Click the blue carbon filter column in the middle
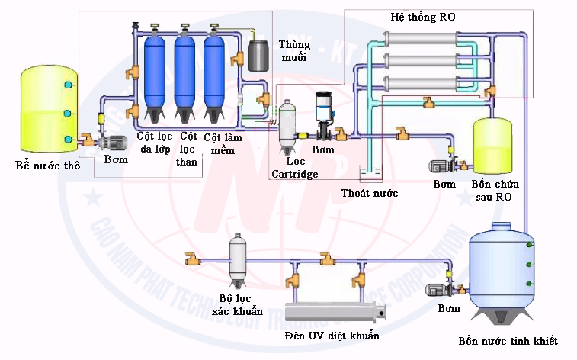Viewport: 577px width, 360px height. (185, 76)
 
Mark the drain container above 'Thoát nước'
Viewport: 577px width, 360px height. (372, 173)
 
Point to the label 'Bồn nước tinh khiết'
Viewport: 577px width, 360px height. (508, 340)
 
